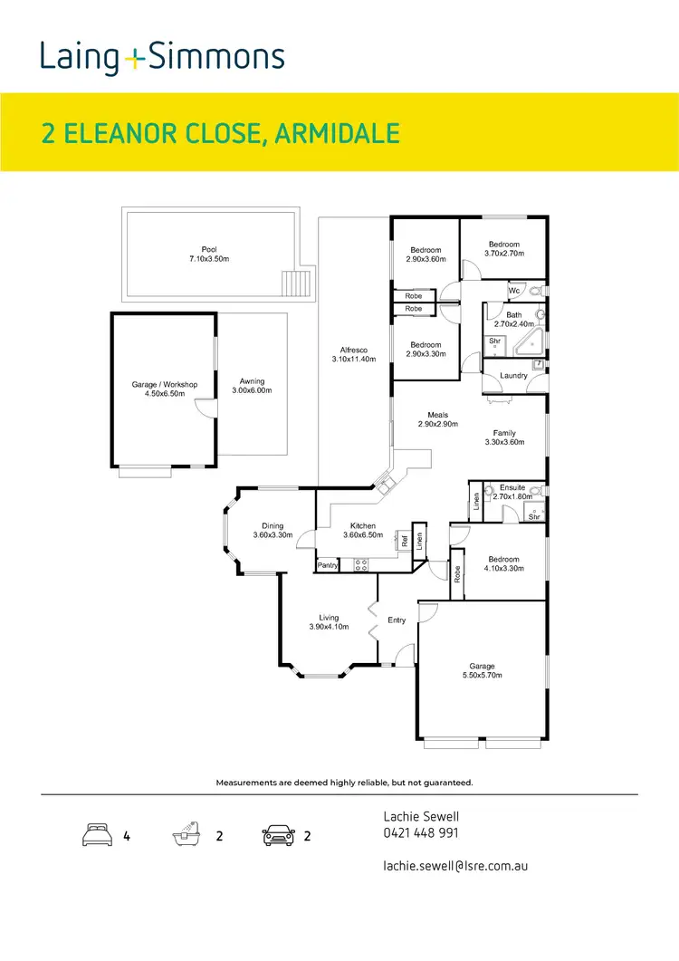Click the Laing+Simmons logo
(162, 58)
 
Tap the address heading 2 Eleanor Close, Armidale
(221, 134)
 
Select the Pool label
(209, 250)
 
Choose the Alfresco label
(353, 350)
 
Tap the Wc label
(513, 291)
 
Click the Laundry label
(513, 375)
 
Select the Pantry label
(328, 566)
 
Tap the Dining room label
(273, 525)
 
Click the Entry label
(397, 620)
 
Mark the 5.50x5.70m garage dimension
(482, 675)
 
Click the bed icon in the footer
(97, 836)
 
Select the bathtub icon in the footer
(185, 835)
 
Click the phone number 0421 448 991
(421, 833)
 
